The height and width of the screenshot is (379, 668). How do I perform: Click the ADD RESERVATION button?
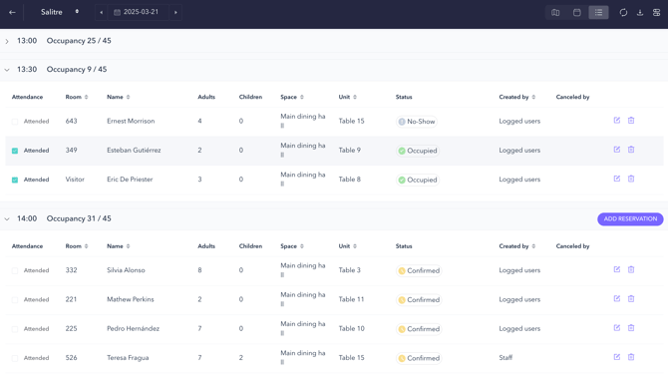[x=630, y=219]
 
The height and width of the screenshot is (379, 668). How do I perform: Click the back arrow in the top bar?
[x=13, y=13]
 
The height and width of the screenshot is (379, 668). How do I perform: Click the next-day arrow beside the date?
[x=175, y=13]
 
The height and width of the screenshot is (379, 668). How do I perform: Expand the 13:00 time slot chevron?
[x=7, y=42]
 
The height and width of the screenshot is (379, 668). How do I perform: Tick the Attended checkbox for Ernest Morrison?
[x=15, y=122]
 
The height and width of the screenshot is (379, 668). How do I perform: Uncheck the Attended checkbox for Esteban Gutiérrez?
[x=15, y=151]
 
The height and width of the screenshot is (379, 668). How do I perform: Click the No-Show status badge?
[x=416, y=122]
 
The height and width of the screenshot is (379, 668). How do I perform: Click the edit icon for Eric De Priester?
[x=617, y=180]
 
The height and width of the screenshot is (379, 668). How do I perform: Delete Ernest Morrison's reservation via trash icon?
[x=631, y=121]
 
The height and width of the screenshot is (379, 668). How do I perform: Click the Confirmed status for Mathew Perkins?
[x=419, y=299]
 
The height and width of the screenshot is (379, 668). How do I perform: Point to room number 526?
[x=71, y=358]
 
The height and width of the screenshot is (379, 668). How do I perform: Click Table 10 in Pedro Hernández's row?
[x=351, y=328]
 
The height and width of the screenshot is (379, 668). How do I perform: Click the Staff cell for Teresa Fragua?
[x=505, y=358]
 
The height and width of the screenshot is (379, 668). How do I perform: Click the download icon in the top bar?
[x=640, y=13]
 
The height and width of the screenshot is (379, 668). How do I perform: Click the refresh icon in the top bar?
[x=623, y=13]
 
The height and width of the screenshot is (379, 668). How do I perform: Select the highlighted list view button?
[x=598, y=13]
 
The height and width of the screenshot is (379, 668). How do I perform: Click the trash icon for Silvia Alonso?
[x=631, y=270]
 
